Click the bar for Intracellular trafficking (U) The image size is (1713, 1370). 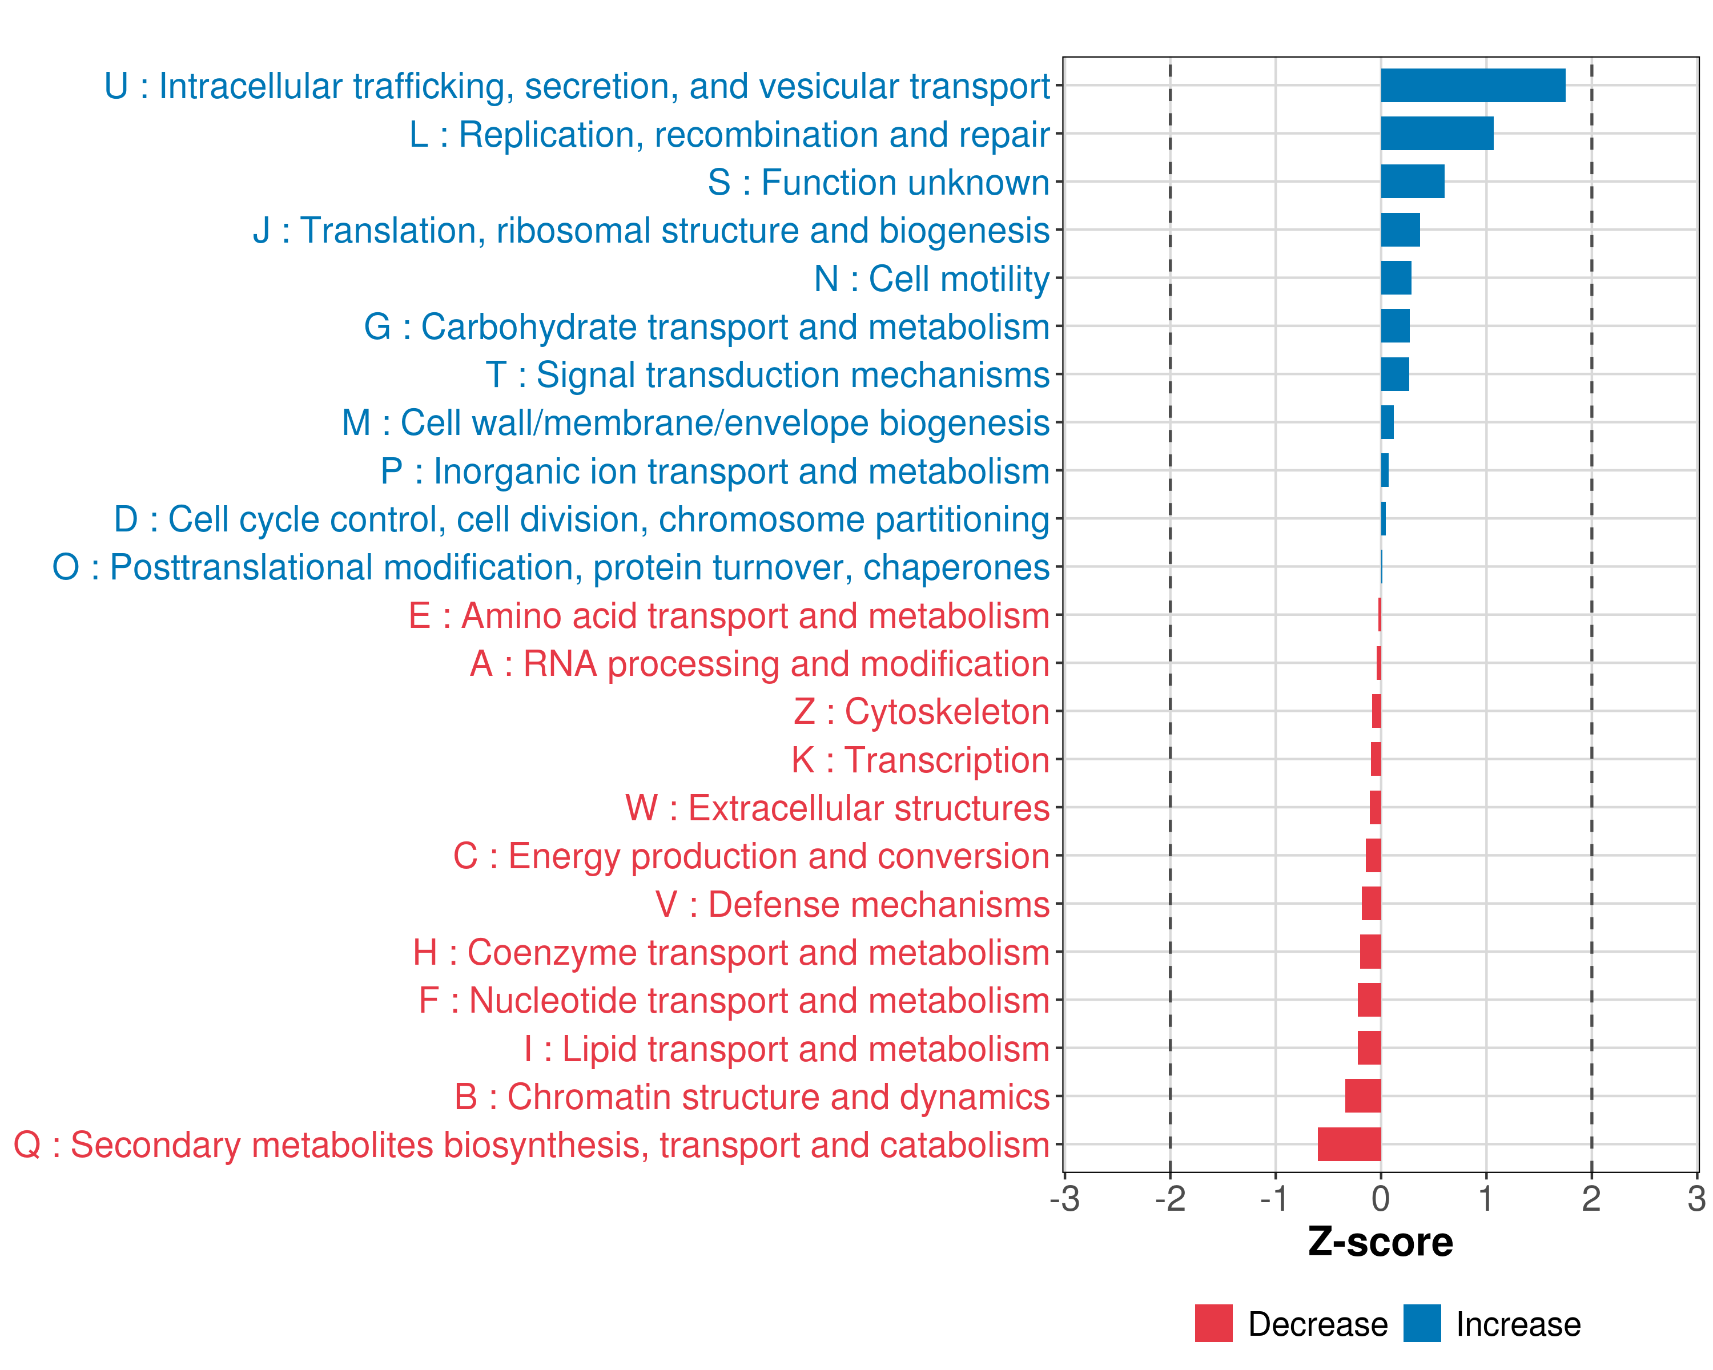[x=1472, y=86]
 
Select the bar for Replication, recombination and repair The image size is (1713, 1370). [x=1437, y=134]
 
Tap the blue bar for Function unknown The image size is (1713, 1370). [x=1412, y=182]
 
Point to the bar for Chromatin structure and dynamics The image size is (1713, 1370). [x=1362, y=1096]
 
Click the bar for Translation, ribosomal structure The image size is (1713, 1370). [x=1400, y=230]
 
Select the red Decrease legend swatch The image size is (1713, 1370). [x=1213, y=1324]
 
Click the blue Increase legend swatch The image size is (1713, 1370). [x=1421, y=1324]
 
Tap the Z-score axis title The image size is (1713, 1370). [x=1380, y=1242]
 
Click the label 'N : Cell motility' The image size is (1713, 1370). [x=931, y=279]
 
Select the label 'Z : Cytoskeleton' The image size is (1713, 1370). [x=921, y=712]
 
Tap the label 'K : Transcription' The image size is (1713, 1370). [x=920, y=760]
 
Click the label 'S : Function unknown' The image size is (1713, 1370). [x=878, y=183]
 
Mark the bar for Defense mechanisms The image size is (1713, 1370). [x=1372, y=904]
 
